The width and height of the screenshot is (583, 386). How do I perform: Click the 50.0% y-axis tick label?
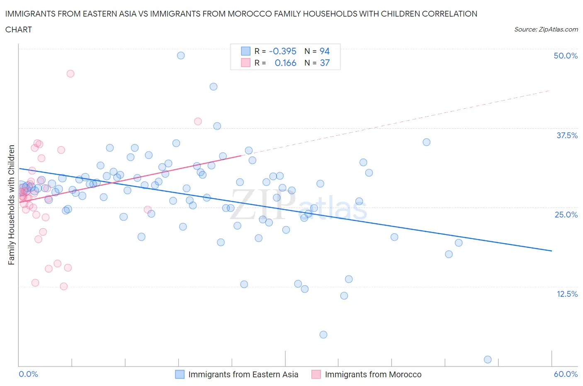565,56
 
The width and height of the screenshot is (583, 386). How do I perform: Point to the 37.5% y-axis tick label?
566,135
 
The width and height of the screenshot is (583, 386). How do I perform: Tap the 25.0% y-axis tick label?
566,215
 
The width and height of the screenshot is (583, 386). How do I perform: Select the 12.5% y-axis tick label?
567,294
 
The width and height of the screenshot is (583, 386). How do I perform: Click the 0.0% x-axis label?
28,374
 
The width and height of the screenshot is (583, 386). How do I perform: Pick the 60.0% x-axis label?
566,374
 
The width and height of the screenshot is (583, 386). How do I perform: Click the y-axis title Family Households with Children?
11,205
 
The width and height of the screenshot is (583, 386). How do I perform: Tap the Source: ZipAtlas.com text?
546,29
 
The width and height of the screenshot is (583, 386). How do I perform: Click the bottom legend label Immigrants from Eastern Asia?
243,374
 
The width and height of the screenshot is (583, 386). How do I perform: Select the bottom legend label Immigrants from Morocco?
373,374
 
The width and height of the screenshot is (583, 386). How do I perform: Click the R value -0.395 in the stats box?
282,51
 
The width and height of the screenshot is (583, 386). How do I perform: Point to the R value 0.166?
285,63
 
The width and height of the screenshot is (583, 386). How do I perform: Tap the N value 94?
324,51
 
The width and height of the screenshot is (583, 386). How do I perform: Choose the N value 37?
324,63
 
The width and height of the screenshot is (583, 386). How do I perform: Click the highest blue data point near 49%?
181,55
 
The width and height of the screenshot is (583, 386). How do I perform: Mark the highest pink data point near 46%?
70,73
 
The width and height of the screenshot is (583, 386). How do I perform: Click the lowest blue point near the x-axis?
488,359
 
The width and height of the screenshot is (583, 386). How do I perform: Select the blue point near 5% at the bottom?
323,335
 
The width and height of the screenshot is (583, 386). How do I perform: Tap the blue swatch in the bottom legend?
180,374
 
